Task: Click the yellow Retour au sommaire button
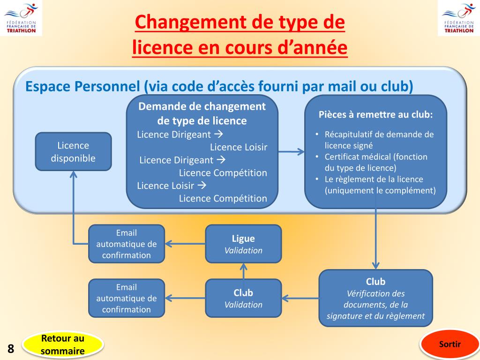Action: click(x=63, y=345)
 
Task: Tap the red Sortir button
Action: click(x=450, y=345)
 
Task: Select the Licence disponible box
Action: click(x=73, y=151)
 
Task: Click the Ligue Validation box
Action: click(x=243, y=244)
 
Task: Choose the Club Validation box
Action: click(x=243, y=298)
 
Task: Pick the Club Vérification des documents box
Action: click(x=375, y=298)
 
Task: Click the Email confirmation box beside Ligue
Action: click(x=127, y=244)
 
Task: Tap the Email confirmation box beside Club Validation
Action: click(x=127, y=298)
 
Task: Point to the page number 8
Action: click(x=11, y=349)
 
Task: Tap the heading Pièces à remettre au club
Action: click(x=375, y=115)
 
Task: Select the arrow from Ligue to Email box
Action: click(x=185, y=244)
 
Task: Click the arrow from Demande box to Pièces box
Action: click(x=291, y=151)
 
